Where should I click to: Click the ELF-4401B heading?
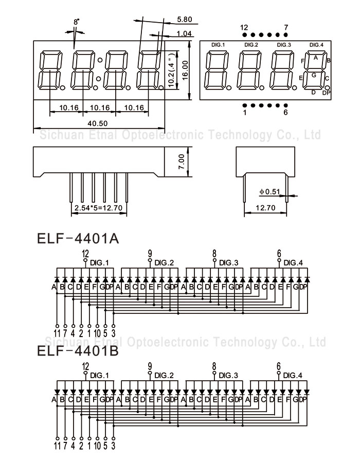(78, 352)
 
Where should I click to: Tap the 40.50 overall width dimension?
(97, 123)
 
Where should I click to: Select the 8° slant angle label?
(77, 22)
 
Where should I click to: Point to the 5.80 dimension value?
(184, 20)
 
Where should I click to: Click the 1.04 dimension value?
(184, 34)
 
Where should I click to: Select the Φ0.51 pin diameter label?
(269, 192)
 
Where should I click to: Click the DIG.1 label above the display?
(218, 45)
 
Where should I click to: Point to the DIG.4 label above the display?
(316, 45)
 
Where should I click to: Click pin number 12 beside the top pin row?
(244, 27)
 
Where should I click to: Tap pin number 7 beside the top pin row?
(286, 27)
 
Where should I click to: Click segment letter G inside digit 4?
(313, 75)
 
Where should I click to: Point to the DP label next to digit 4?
(326, 93)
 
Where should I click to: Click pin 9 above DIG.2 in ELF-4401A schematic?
(150, 253)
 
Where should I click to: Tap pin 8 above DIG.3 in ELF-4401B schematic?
(214, 366)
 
